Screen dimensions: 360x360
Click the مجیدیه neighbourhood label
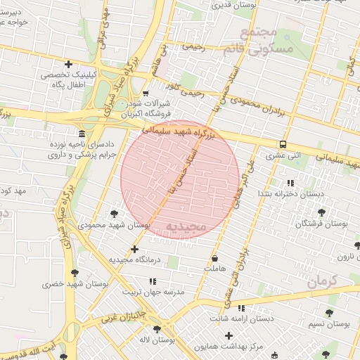185,226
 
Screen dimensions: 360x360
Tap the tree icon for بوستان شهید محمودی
114,213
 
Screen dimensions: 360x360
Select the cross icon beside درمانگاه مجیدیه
134,249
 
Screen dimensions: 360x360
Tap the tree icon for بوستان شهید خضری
75,273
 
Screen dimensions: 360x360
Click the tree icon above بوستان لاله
157,328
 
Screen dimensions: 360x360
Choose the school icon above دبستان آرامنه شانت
241,308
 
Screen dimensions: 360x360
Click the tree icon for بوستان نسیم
329,312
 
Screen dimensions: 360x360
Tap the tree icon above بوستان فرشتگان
321,212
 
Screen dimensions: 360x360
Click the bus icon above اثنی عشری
283,143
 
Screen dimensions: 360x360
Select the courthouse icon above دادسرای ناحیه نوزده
82,134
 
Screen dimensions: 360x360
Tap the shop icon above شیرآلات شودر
146,93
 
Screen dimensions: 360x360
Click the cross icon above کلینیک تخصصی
67,65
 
